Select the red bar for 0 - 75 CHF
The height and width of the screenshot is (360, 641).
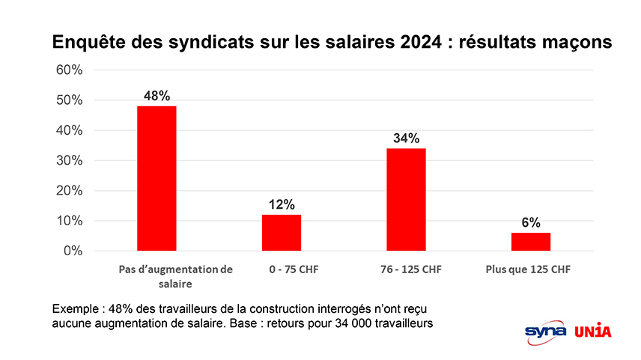[281, 233]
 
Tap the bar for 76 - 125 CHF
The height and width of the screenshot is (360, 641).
[406, 199]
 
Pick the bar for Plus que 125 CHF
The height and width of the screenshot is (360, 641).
[530, 242]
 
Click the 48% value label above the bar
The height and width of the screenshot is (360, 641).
[157, 96]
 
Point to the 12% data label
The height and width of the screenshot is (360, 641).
[282, 204]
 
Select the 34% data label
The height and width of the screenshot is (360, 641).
[406, 138]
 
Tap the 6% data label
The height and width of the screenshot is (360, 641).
[531, 222]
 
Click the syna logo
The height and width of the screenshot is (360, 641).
[545, 331]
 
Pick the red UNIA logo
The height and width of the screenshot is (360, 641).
[592, 331]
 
